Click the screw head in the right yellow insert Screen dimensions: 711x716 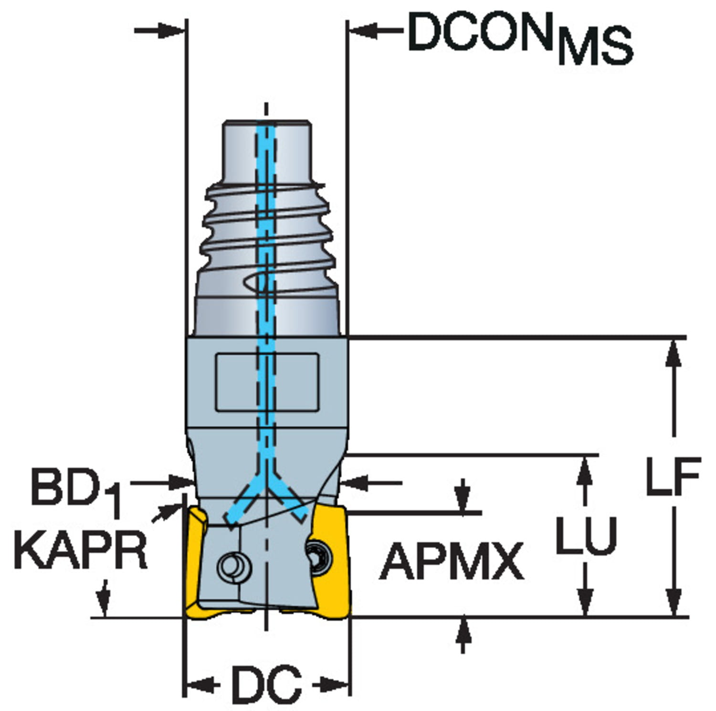coord(318,557)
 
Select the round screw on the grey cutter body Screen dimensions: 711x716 coord(234,566)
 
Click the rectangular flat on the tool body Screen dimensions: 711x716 coord(267,382)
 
